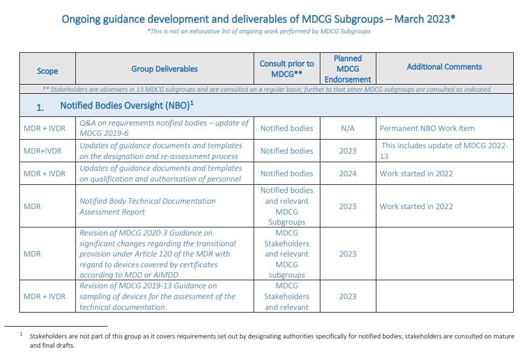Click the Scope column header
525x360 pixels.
[x=47, y=71]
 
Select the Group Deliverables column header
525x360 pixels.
[x=164, y=69]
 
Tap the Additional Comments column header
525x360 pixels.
[x=444, y=67]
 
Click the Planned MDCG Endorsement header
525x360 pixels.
[x=347, y=69]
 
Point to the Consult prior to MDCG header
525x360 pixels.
[x=286, y=69]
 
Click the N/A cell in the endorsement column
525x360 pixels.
[x=347, y=128]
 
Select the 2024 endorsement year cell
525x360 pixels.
[x=347, y=174]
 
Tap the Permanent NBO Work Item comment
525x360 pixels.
[x=427, y=128]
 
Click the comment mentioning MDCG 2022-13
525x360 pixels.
[x=444, y=151]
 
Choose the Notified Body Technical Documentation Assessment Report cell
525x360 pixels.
[x=148, y=206]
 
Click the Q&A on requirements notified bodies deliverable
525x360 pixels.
[x=164, y=128]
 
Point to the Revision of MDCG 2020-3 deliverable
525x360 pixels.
[x=157, y=254]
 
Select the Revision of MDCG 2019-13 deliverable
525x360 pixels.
[x=157, y=296]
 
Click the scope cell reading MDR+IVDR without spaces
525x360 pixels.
[x=43, y=151]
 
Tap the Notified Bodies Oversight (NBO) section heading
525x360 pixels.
[x=127, y=106]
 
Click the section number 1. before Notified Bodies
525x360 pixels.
[x=40, y=108]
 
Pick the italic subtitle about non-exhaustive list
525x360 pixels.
[x=259, y=31]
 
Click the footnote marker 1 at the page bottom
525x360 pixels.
[x=21, y=334]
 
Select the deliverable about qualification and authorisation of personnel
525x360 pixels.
[x=160, y=174]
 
